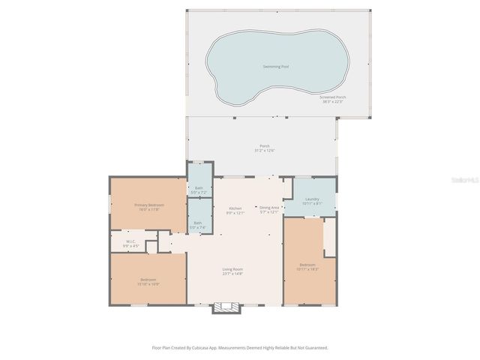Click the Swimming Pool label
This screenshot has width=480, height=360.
[x=275, y=67]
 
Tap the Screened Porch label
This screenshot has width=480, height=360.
[x=332, y=97]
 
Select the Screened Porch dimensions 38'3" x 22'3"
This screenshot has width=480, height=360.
[x=332, y=101]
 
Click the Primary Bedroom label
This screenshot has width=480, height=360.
[x=149, y=205]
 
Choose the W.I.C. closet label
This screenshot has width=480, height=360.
[x=130, y=241]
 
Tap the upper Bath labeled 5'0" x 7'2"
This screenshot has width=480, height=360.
[x=199, y=190]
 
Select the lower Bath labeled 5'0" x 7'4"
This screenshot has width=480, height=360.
[x=198, y=224]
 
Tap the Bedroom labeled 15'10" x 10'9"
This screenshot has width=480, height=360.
[x=147, y=281]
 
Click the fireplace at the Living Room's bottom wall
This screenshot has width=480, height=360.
[x=225, y=307]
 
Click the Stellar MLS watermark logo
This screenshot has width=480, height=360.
[x=463, y=181]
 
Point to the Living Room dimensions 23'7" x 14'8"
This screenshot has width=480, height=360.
[x=232, y=274]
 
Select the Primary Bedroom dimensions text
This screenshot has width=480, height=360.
[x=149, y=209]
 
